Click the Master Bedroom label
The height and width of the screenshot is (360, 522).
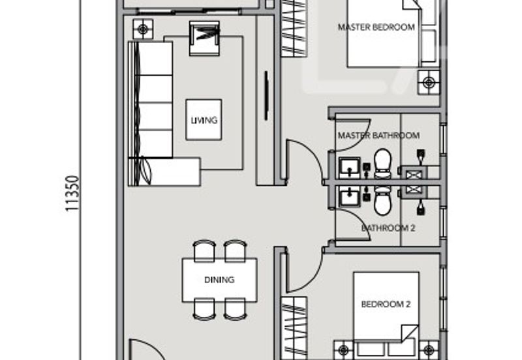pos(376,27)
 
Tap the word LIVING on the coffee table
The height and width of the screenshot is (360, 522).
pos(204,120)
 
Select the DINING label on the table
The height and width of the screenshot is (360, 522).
pos(219,280)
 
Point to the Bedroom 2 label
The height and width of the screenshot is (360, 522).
pos(386,304)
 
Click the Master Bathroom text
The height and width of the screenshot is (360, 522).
pos(378,136)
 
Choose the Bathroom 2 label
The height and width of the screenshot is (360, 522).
pos(388,228)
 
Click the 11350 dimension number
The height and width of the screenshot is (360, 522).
pos(72,193)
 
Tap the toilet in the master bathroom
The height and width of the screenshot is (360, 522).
pos(383,164)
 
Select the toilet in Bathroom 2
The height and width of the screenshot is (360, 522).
pos(383,201)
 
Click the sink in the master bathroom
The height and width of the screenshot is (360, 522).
pos(350,168)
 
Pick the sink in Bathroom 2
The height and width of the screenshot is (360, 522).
pos(350,196)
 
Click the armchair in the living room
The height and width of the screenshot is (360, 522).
pos(204,38)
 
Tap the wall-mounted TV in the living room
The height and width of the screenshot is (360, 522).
pos(266,95)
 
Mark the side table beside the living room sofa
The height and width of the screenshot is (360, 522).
pos(143,29)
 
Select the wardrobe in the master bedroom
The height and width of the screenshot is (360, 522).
pos(294,29)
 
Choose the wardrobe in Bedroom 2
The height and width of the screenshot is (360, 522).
pos(294,329)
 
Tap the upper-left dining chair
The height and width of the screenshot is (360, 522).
pos(204,250)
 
